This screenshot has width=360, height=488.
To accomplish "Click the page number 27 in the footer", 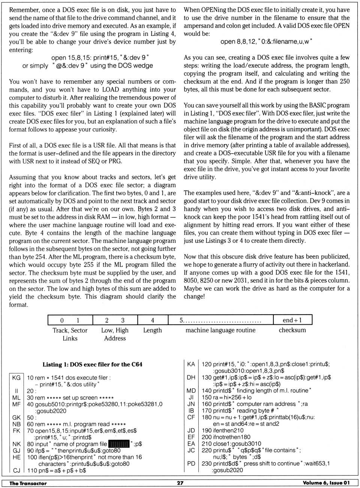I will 180,483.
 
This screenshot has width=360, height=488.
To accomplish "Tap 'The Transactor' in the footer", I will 28,483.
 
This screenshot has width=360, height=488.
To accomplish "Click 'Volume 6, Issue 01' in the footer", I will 326,483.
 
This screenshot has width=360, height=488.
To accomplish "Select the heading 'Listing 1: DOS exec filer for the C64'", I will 92,364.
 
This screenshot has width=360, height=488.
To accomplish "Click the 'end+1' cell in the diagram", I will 292,320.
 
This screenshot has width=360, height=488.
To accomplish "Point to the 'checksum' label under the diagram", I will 292,330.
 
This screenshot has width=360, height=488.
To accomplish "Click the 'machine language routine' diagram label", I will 220,330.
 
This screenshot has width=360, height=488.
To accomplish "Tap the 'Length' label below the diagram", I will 152,330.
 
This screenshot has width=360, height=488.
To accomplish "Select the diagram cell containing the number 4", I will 153,320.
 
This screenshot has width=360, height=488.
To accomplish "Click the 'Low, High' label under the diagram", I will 115,330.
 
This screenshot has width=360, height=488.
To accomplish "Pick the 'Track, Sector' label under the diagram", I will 70,330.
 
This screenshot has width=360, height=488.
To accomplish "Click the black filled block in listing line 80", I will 118,444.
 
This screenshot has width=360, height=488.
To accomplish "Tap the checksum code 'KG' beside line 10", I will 16,378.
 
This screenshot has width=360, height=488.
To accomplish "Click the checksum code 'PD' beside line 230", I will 191,464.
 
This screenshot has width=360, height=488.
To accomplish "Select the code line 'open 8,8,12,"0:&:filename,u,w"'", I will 266,41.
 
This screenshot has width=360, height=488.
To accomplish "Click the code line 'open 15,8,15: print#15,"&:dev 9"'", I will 100,57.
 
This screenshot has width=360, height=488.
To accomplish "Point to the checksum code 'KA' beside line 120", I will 191,364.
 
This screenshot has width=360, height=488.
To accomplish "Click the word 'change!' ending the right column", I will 194,296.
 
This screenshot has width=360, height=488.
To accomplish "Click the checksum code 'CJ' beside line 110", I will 16,470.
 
